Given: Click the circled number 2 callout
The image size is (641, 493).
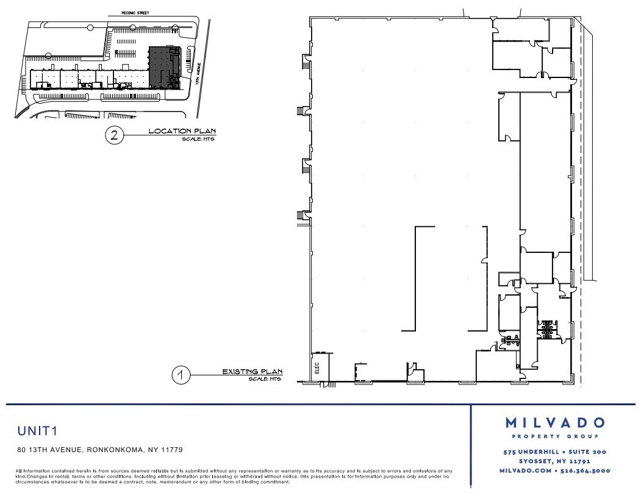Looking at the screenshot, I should tap(113, 135).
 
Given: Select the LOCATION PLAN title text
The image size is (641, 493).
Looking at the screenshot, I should tap(182, 131).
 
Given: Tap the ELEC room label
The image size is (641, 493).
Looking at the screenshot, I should tap(318, 368).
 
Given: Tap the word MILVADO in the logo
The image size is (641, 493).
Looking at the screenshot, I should tap(554, 423).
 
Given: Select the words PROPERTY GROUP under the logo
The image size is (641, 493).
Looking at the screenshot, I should tap(554, 437).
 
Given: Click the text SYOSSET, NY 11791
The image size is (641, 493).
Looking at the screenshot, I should tap(554, 462).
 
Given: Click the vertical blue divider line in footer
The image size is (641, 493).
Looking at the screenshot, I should tap(471, 445).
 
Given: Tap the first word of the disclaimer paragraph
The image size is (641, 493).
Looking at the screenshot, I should tap(20, 470).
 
